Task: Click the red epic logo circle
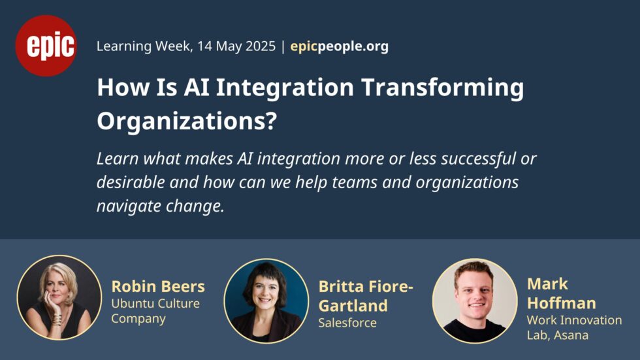[46, 46]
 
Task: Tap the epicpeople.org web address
[339, 46]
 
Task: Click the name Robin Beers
[158, 287]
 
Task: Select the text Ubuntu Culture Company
[155, 311]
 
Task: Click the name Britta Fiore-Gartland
[366, 296]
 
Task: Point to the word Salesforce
[347, 323]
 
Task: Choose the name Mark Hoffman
[561, 293]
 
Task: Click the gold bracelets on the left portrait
[56, 319]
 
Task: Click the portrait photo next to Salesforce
[266, 301]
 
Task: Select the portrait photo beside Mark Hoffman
[475, 301]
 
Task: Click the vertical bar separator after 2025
[283, 46]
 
